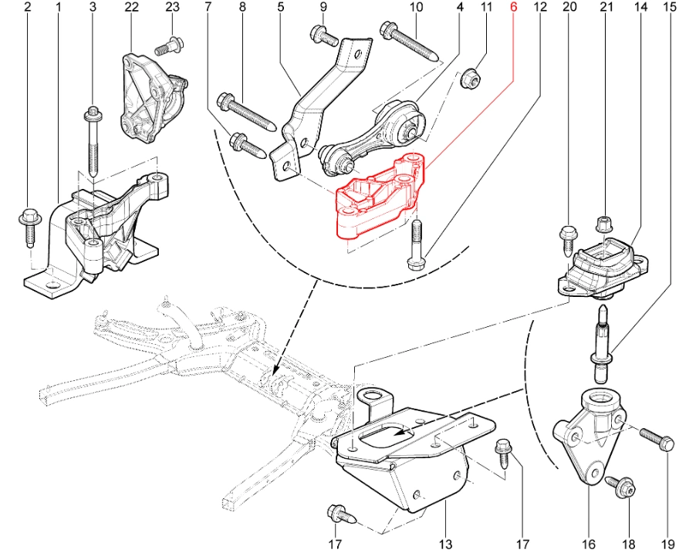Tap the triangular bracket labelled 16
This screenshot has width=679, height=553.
click(x=590, y=436)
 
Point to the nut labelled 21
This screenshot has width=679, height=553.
click(x=605, y=224)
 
